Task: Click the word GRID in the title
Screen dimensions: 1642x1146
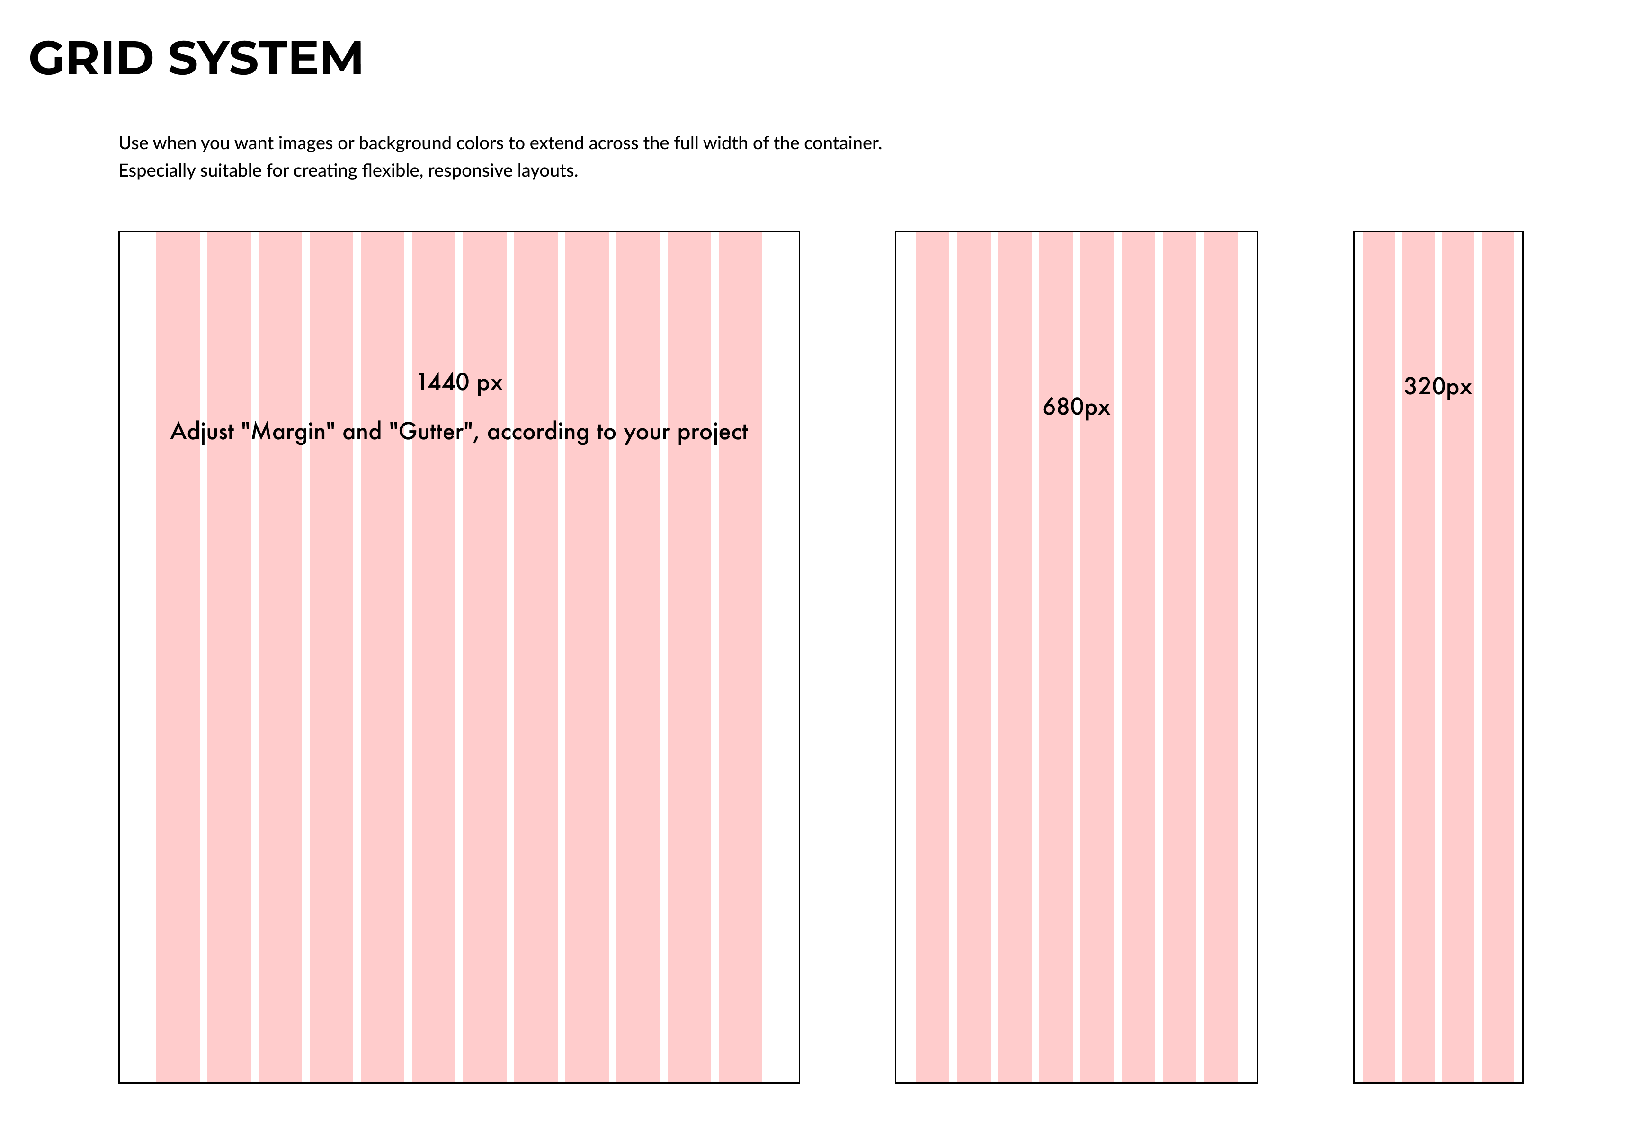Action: pyautogui.click(x=91, y=59)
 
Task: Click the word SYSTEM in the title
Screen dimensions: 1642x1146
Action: pyautogui.click(x=265, y=59)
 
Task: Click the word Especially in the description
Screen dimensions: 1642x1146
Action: pyautogui.click(x=157, y=171)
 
